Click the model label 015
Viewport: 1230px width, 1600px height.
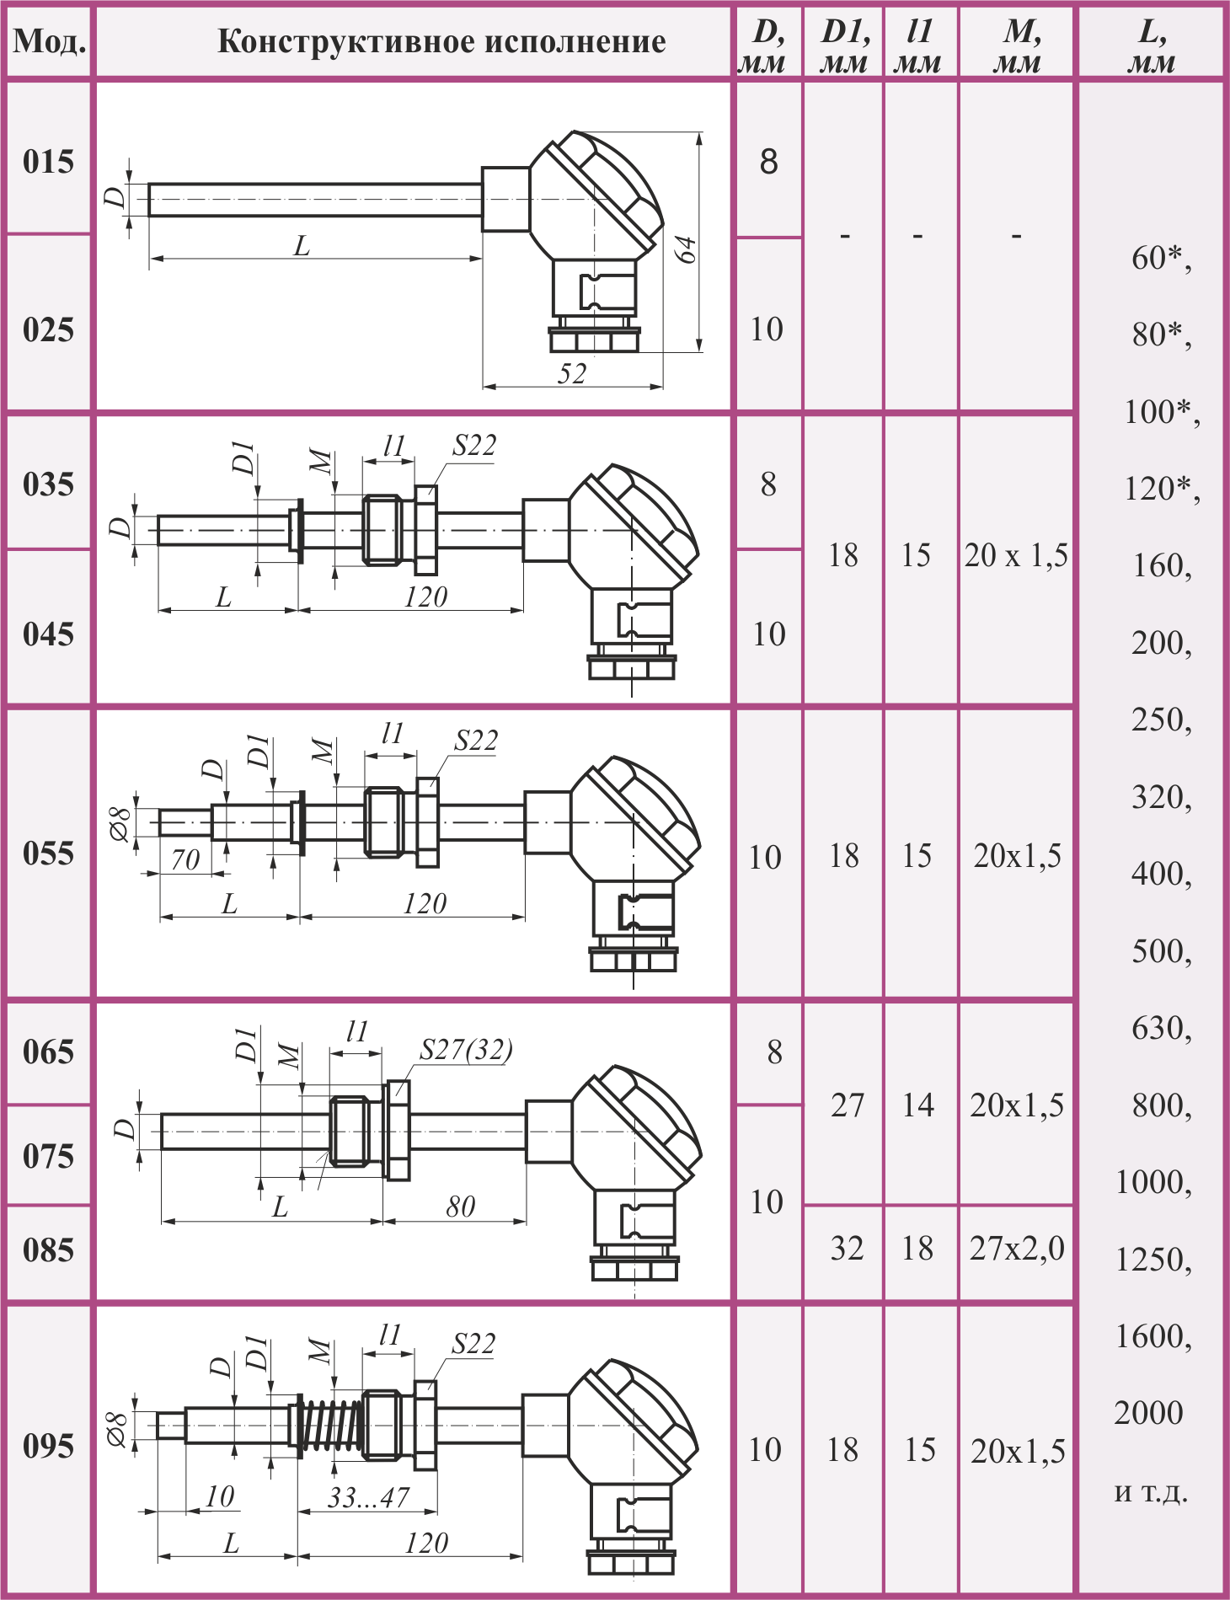(x=48, y=161)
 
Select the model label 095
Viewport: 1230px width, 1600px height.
(x=48, y=1446)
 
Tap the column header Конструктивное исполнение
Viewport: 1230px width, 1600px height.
(x=441, y=41)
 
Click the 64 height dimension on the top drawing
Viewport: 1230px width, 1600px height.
(x=687, y=249)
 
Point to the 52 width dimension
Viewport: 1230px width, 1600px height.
(x=572, y=373)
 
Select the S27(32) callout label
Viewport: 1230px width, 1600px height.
(x=466, y=1050)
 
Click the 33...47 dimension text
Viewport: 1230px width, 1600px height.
(x=368, y=1497)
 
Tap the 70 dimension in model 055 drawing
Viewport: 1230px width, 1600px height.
(x=184, y=859)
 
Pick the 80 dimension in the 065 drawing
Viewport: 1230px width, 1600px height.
(x=460, y=1207)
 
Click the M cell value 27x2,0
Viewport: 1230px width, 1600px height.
(x=1017, y=1248)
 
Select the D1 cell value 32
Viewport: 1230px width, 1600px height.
(x=847, y=1248)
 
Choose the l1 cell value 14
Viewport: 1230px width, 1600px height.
(x=917, y=1105)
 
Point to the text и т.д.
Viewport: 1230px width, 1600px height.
(x=1151, y=1492)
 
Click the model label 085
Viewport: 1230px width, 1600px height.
(x=48, y=1249)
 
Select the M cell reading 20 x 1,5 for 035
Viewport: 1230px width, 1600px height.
(x=1016, y=555)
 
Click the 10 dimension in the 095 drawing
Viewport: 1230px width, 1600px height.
(x=219, y=1496)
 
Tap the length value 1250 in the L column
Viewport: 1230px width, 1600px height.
(x=1153, y=1260)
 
